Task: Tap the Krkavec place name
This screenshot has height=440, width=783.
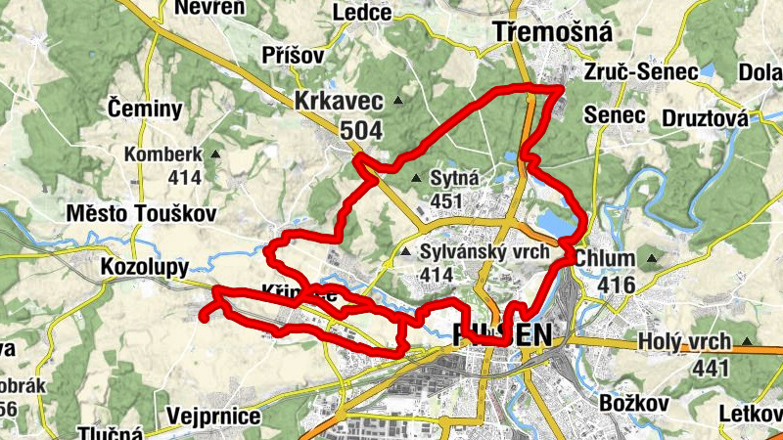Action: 340,100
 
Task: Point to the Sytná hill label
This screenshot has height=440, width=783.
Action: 454,178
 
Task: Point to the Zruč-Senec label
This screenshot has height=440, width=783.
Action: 640,72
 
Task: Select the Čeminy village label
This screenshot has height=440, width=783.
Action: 145,109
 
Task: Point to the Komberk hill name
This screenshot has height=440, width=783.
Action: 162,154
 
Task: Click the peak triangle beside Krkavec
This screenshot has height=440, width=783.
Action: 397,101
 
